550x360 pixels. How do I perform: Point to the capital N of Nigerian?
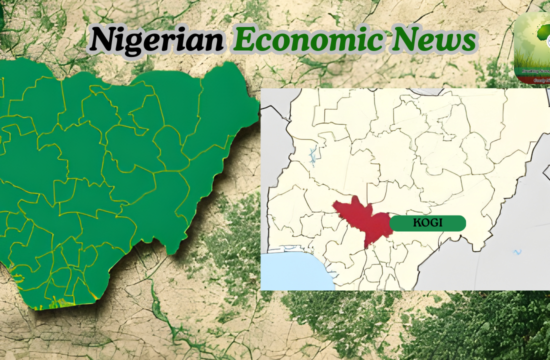point(100,39)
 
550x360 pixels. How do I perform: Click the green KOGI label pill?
point(427,222)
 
